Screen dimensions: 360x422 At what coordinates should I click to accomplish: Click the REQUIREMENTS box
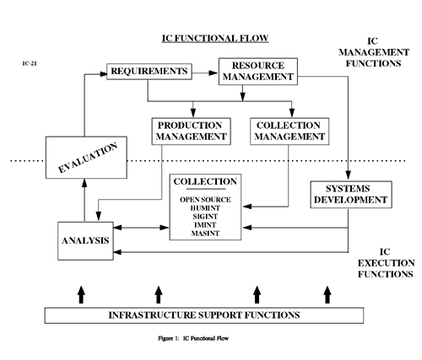(148, 72)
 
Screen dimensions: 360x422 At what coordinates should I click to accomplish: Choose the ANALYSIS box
(85, 240)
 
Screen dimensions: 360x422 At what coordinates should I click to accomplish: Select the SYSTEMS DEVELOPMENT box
(349, 194)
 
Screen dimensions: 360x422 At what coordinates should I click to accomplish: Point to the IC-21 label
(30, 62)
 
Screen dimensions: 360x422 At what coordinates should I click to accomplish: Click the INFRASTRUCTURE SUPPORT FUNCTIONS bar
(204, 315)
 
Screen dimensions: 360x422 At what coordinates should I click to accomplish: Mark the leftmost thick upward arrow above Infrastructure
(81, 293)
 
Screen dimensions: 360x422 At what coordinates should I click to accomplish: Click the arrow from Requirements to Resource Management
(203, 71)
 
